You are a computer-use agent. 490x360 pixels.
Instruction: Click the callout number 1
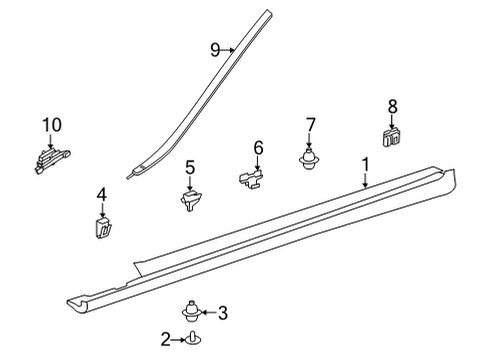click(x=366, y=165)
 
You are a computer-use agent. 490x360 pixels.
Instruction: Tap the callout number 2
click(x=166, y=339)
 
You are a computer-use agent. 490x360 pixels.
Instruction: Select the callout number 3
click(x=223, y=313)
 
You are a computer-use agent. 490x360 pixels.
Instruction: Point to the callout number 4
click(x=102, y=195)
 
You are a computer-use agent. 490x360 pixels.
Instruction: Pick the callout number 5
click(x=190, y=168)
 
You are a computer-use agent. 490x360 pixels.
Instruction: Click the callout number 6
click(x=258, y=148)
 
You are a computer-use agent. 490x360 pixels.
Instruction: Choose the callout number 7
click(x=310, y=125)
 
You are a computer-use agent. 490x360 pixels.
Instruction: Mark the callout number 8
click(x=393, y=107)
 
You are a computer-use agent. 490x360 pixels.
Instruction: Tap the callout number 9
click(x=215, y=50)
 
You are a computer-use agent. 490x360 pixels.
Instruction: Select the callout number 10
click(x=52, y=125)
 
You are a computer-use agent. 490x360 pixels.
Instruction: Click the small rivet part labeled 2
click(x=193, y=338)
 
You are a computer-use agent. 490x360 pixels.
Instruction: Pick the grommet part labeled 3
click(x=191, y=311)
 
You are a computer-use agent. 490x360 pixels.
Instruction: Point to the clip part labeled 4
click(x=102, y=227)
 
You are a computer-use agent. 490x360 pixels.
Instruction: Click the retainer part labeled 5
click(x=190, y=200)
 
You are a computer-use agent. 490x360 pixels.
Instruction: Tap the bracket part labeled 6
click(x=251, y=178)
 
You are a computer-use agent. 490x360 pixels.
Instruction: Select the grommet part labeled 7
click(x=309, y=159)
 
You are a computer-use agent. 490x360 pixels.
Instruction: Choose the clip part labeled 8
click(x=392, y=136)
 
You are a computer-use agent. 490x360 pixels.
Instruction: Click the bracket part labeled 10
click(x=52, y=160)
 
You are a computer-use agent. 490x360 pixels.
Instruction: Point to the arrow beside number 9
click(x=227, y=50)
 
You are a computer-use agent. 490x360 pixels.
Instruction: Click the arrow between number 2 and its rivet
click(x=178, y=340)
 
